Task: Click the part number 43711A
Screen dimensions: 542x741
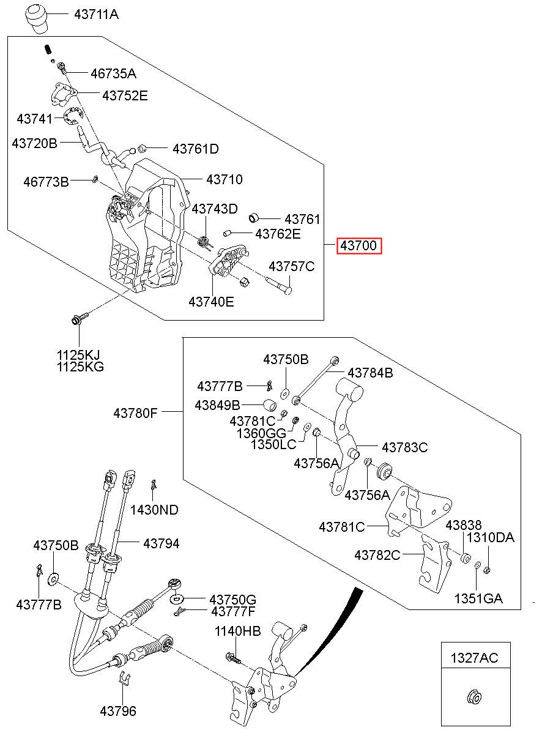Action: (x=96, y=14)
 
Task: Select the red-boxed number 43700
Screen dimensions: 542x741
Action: (x=359, y=246)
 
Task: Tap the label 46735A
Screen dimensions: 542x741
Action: (x=113, y=73)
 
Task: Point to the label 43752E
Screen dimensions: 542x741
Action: (x=125, y=96)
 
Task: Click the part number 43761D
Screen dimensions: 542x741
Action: (x=196, y=149)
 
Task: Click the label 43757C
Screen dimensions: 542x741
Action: (x=292, y=266)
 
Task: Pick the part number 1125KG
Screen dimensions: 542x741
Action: (x=80, y=367)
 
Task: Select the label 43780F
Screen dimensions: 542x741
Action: (x=135, y=413)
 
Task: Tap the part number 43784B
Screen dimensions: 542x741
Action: (x=370, y=373)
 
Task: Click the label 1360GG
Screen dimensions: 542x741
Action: (x=261, y=433)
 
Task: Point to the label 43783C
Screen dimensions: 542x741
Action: (x=405, y=447)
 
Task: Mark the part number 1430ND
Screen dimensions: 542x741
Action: (x=154, y=510)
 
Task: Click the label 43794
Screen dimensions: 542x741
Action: (x=161, y=543)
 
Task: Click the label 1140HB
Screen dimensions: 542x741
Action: (x=238, y=631)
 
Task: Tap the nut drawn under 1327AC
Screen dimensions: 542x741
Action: (x=475, y=698)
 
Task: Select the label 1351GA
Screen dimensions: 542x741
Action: (x=478, y=598)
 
